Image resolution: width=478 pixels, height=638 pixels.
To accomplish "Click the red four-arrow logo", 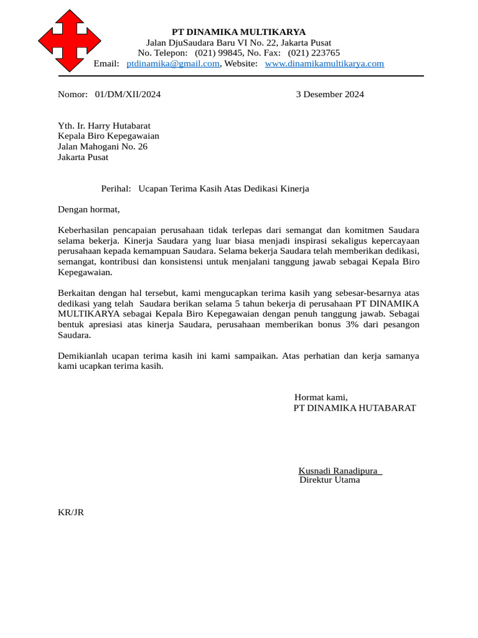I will (69, 40).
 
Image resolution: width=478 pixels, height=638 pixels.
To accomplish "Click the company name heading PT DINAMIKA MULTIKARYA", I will (238, 32).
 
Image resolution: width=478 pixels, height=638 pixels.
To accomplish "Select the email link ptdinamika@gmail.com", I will (172, 64).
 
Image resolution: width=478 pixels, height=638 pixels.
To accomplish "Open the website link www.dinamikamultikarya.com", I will (324, 64).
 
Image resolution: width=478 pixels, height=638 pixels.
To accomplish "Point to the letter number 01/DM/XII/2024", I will (128, 95).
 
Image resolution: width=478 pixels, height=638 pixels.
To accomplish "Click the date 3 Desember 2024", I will (329, 95).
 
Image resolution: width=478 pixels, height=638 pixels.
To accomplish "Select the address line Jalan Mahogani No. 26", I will (103, 147).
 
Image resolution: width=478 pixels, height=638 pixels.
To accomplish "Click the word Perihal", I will (116, 189).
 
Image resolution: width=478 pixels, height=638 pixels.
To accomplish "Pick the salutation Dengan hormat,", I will (88, 209).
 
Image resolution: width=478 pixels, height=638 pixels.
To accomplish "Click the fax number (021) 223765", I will (314, 53).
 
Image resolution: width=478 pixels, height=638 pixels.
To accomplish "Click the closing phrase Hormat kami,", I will (321, 398).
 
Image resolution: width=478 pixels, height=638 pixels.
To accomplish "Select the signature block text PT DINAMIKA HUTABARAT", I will (354, 408).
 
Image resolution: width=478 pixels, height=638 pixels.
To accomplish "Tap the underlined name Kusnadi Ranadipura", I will (339, 470).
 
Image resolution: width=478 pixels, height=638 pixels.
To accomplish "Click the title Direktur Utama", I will (329, 480).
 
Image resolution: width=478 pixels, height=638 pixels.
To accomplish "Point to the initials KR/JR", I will (70, 512).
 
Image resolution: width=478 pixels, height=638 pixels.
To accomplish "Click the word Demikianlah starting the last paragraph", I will (84, 356).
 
